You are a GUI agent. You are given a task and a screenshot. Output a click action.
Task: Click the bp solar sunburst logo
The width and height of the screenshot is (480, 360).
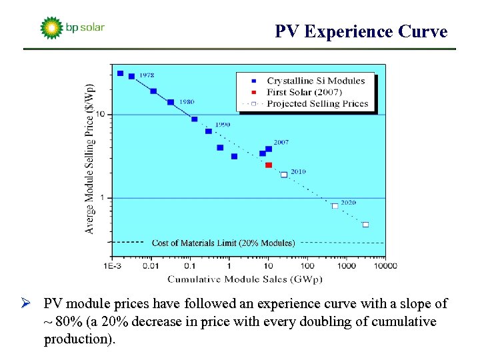pyautogui.click(x=51, y=28)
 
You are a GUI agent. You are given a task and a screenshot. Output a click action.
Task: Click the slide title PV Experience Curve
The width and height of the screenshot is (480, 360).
pyautogui.click(x=361, y=31)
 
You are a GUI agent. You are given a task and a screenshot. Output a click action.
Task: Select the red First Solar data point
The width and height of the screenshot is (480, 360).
pyautogui.click(x=269, y=165)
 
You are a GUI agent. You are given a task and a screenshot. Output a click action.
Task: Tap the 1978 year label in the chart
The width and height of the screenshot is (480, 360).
pyautogui.click(x=147, y=75)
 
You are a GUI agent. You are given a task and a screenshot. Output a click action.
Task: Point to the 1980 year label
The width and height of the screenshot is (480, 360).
pyautogui.click(x=186, y=102)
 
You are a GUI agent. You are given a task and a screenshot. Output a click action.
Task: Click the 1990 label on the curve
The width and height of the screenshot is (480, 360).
pyautogui.click(x=223, y=125)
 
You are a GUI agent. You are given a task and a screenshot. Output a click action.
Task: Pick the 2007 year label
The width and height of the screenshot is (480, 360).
pyautogui.click(x=281, y=142)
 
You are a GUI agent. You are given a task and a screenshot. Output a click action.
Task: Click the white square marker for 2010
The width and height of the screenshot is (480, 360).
pyautogui.click(x=284, y=175)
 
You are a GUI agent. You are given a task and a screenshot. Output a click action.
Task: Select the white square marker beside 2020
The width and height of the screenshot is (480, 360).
pyautogui.click(x=335, y=206)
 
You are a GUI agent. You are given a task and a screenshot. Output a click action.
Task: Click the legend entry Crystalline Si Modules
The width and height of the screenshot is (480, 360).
pyautogui.click(x=315, y=81)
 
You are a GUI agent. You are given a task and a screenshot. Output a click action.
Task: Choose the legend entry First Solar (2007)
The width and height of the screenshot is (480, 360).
pyautogui.click(x=304, y=92)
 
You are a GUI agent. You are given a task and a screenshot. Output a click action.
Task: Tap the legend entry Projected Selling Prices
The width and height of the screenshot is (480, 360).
pyautogui.click(x=317, y=103)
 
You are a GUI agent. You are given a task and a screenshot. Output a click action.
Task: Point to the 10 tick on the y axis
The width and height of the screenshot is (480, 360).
pyautogui.click(x=100, y=115)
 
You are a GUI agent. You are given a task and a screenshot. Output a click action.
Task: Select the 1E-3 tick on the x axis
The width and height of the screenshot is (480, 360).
pyautogui.click(x=112, y=266)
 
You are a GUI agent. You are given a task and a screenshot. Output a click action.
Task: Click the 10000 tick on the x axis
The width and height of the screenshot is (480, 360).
pyautogui.click(x=384, y=266)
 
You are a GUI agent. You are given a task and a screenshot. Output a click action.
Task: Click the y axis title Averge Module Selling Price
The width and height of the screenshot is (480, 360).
pyautogui.click(x=90, y=158)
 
